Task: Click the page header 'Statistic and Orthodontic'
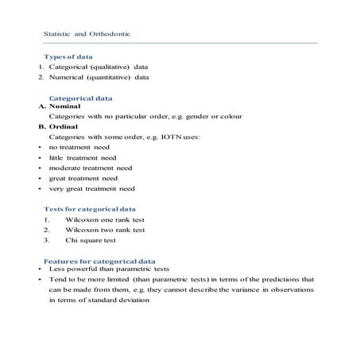pyautogui.click(x=87, y=35)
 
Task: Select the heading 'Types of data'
pyautogui.click(x=69, y=57)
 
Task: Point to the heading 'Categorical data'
pyautogui.click(x=81, y=98)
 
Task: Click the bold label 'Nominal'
pyautogui.click(x=63, y=106)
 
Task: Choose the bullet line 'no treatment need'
pyautogui.click(x=79, y=148)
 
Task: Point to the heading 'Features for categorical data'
pyautogui.click(x=99, y=261)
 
